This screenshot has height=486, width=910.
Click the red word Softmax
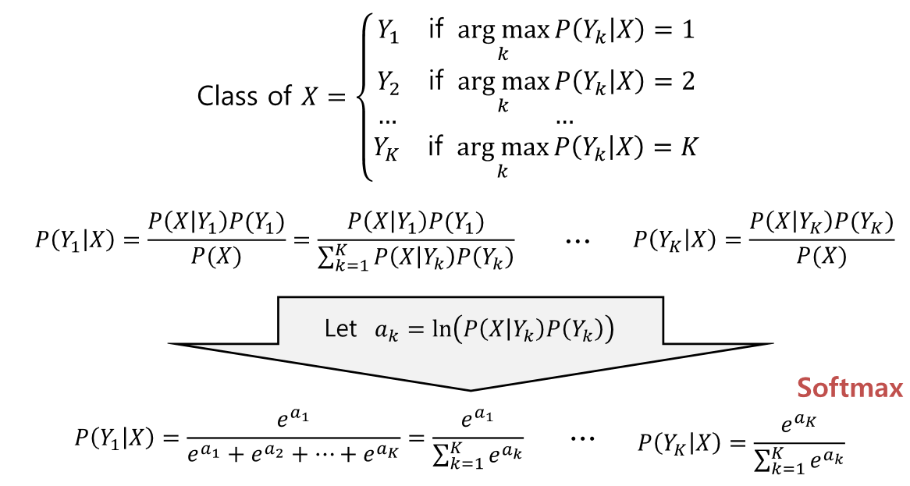pos(851,388)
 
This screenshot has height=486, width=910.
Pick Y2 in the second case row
pos(388,81)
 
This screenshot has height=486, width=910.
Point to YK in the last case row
pos(386,147)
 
